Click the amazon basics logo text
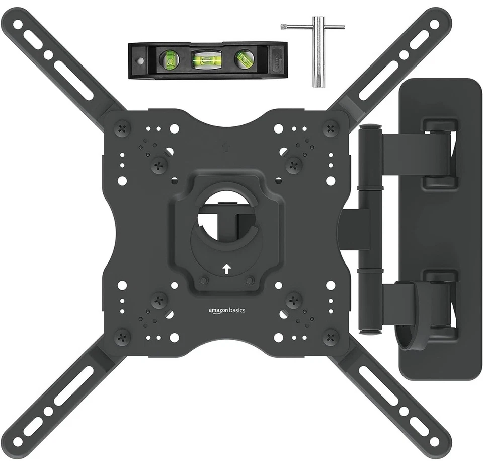(227, 310)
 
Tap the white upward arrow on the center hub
(226, 269)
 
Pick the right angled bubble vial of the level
(244, 58)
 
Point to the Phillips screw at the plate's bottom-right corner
(331, 337)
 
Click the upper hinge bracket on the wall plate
(440, 153)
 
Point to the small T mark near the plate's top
(226, 148)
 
